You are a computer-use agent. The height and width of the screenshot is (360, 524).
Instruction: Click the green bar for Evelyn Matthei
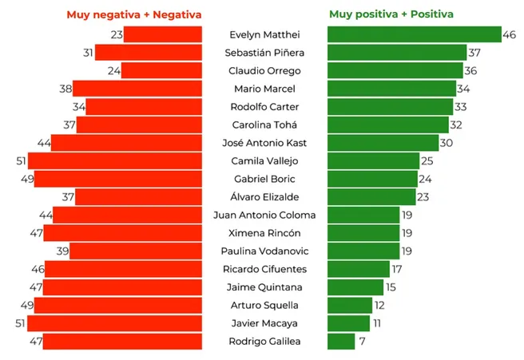tap(414, 35)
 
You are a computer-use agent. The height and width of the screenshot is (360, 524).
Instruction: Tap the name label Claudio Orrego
tap(265, 70)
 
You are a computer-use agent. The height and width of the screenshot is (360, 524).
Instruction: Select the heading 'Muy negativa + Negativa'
tap(134, 14)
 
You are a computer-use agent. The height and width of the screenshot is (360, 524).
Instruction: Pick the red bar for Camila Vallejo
tap(115, 161)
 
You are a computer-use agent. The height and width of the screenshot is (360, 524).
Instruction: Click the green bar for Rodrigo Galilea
tap(341, 342)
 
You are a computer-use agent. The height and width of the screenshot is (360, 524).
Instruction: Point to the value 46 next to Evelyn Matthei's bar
tap(509, 35)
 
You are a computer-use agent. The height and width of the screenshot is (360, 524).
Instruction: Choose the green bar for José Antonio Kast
tap(383, 143)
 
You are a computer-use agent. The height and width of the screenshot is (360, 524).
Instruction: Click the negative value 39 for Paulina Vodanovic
tap(60, 251)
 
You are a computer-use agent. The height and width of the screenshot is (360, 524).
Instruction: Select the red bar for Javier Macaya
tap(115, 323)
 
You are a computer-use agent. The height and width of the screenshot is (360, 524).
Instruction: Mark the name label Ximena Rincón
tap(265, 233)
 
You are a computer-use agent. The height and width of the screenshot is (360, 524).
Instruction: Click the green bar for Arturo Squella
tap(350, 305)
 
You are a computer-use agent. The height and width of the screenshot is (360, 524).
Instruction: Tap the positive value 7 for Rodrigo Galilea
tap(362, 342)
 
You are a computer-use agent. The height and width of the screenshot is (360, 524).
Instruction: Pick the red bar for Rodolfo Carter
tap(144, 107)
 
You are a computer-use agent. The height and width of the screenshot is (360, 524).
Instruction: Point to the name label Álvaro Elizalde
tap(265, 197)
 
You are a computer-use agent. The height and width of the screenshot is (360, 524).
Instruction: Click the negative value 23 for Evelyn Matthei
tap(117, 35)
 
